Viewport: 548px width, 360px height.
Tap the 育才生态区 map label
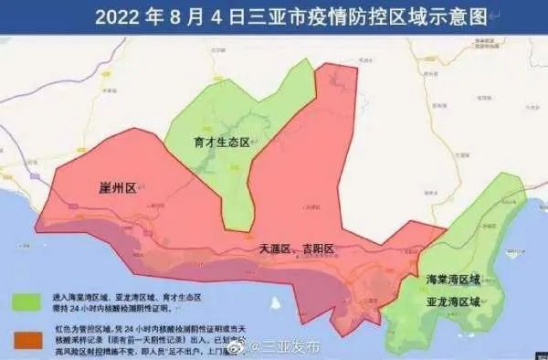tap(222, 142)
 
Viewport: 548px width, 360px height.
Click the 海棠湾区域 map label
tap(454, 279)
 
